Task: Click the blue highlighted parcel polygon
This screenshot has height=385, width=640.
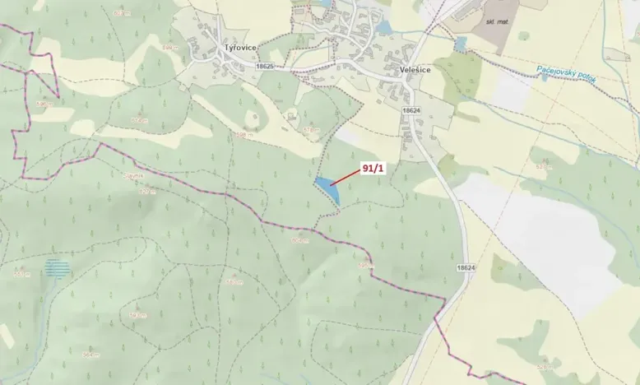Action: coord(327,189)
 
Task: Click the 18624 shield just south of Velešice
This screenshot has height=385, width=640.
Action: coord(410,109)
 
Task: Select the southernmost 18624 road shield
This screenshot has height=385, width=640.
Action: coord(465,268)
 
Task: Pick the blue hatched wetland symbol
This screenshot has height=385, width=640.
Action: coord(58,267)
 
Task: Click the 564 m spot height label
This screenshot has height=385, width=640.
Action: coord(90,355)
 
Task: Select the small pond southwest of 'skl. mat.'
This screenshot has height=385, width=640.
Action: coord(461,44)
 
